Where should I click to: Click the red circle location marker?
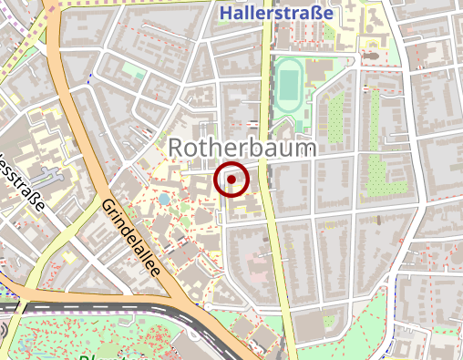[x=231, y=180]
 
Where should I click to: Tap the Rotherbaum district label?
[x=242, y=149]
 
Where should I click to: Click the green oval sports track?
[x=289, y=85]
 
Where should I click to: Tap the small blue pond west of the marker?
[x=163, y=197]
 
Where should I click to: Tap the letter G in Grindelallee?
[x=108, y=207]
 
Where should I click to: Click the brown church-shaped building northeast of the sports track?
[x=370, y=57]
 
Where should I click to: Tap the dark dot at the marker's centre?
[x=231, y=180]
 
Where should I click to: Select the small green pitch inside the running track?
[x=289, y=85]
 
